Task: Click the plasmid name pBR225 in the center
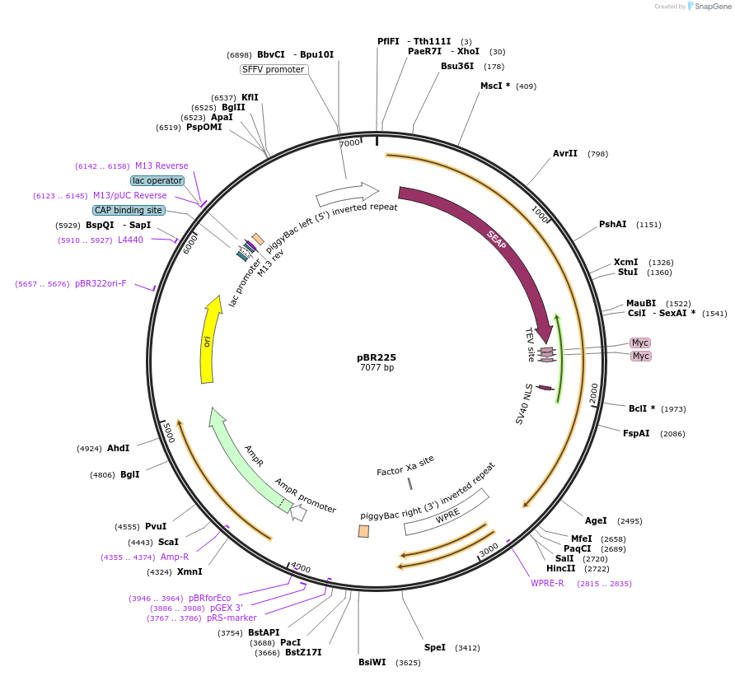tap(377, 357)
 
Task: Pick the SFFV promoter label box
tap(274, 69)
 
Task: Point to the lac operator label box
tap(157, 180)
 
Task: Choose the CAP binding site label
tap(129, 210)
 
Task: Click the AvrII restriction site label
tap(564, 153)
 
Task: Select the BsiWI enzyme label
tap(372, 662)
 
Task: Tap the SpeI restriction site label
tap(434, 647)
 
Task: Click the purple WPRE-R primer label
tap(547, 583)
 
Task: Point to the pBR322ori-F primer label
tap(101, 283)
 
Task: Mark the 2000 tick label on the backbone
tap(594, 393)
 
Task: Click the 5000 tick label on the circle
tap(168, 432)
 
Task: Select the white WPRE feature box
tap(447, 512)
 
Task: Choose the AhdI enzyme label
tap(118, 448)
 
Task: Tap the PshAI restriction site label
tap(613, 224)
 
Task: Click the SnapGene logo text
tap(713, 6)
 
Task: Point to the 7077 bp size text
tap(377, 367)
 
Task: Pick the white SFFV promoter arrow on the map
tap(348, 194)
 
